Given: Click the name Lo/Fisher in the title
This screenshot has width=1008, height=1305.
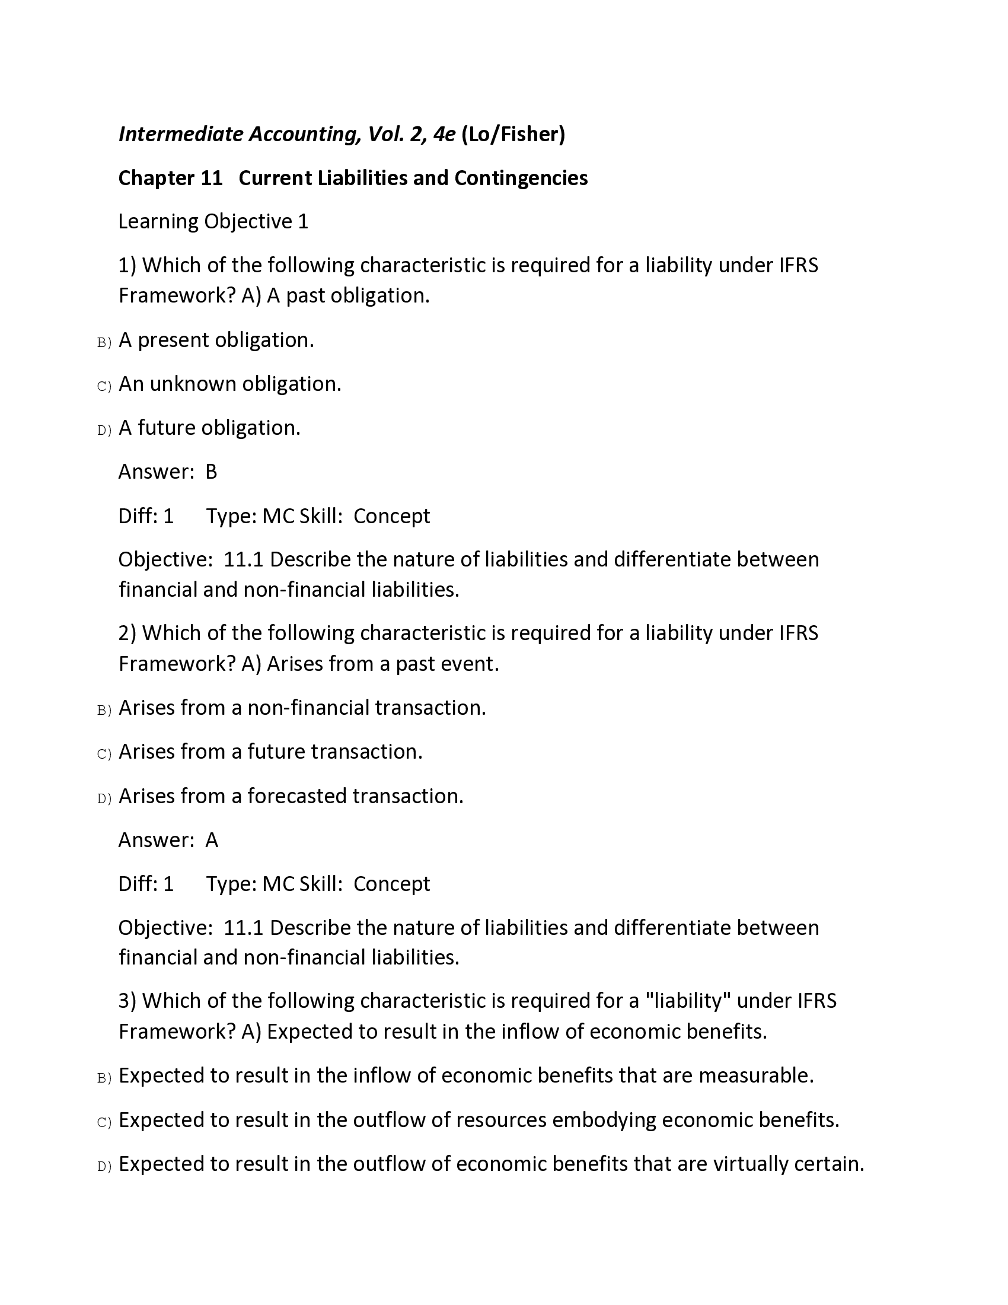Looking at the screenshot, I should tap(513, 134).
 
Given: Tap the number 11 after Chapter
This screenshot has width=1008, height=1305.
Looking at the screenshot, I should tap(212, 178).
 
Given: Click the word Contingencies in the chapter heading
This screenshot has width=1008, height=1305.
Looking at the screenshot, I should tap(521, 178).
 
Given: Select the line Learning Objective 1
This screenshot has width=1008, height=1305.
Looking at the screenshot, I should tap(213, 222).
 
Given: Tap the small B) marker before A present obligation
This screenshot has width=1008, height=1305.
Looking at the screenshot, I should tap(104, 342).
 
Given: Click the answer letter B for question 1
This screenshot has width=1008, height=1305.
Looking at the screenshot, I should tap(212, 472).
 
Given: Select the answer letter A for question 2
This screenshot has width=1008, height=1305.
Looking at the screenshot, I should tap(212, 840).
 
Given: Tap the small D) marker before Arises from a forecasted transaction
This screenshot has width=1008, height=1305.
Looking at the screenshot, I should tap(104, 799).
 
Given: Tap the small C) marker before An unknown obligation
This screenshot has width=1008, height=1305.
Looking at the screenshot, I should tap(104, 387).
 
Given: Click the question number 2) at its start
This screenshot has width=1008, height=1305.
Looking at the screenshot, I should tap(127, 633).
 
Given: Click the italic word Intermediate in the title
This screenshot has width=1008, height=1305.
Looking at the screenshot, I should tap(181, 134).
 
